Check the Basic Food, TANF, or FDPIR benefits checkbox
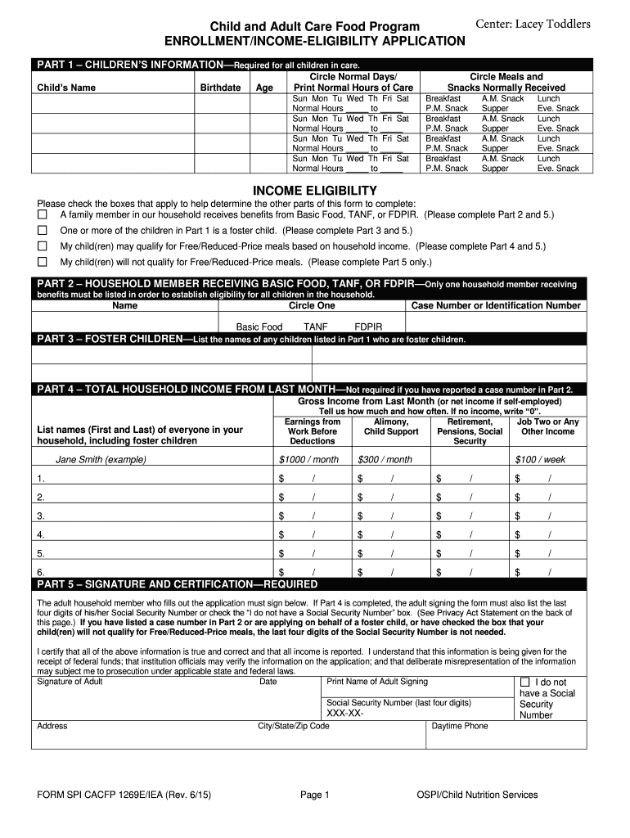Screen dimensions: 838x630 (43, 214)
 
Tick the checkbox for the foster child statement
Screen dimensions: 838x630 (43, 230)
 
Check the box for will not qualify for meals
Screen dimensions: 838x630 (43, 262)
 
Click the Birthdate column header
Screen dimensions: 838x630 (220, 88)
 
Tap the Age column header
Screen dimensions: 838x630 (265, 88)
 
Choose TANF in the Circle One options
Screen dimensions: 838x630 (315, 326)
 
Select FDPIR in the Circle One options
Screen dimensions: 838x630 (368, 326)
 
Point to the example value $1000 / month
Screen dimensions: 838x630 (308, 459)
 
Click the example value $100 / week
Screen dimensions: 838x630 (540, 459)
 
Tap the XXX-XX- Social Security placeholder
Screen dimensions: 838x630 (345, 714)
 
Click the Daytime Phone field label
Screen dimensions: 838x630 (460, 726)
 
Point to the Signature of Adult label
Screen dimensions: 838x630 (70, 681)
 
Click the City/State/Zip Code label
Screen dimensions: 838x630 (294, 726)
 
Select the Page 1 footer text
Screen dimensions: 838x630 (314, 794)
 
